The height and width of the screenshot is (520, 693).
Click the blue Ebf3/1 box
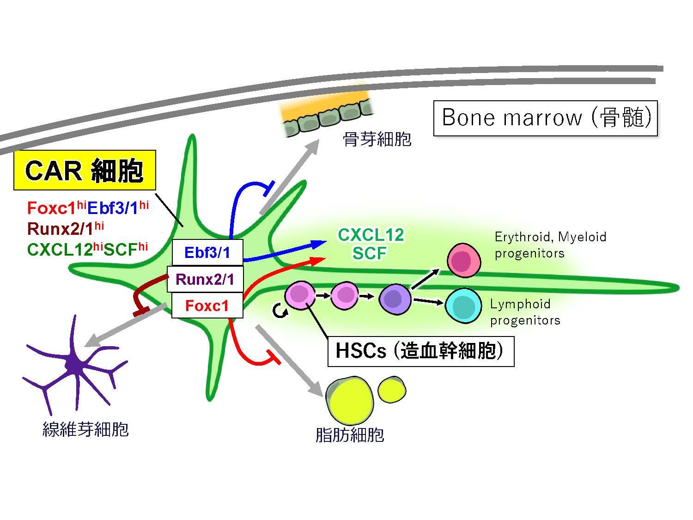[207, 252]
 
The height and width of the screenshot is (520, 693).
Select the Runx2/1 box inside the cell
[205, 279]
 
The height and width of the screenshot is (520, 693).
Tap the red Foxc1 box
[207, 305]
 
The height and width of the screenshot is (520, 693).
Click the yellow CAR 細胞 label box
[85, 170]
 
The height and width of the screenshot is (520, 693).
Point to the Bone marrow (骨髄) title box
[545, 118]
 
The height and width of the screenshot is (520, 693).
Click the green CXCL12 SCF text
[371, 244]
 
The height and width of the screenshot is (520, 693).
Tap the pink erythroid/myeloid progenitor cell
[464, 261]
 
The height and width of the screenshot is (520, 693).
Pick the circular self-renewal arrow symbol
[280, 312]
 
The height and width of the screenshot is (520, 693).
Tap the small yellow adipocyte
[392, 390]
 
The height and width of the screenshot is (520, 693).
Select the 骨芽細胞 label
[377, 139]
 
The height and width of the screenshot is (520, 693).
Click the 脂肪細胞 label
[350, 435]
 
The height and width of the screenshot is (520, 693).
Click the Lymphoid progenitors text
[525, 312]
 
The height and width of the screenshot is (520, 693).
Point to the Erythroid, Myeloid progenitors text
[550, 245]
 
